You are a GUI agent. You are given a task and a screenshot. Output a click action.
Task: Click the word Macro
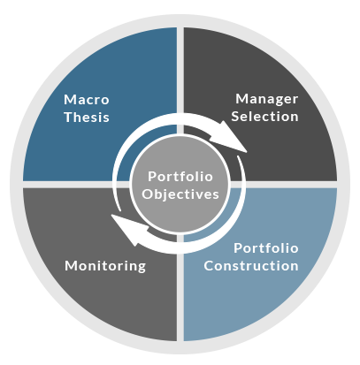pos(87,100)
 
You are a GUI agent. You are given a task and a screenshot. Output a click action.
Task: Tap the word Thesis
pos(87,117)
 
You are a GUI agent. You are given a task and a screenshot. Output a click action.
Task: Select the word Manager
pos(266,99)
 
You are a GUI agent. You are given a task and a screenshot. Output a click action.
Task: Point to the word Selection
pos(264,117)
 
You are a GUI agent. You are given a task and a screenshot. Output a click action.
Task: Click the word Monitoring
pos(105,266)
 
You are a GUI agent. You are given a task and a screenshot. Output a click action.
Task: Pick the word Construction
pos(251,266)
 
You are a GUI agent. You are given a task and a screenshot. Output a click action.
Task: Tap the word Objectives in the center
pos(180,194)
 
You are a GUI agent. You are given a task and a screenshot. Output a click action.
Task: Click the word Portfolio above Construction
pos(266,248)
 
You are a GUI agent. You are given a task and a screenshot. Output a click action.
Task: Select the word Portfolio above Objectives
pos(180,177)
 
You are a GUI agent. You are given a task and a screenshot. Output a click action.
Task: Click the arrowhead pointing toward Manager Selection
pos(232,139)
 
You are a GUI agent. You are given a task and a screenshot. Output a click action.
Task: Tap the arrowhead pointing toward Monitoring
pos(128,229)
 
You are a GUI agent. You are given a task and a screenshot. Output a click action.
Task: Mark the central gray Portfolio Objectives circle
pos(180,185)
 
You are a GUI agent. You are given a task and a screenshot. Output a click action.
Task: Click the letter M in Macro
pos(70,100)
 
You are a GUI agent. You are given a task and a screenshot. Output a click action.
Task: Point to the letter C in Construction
pos(209,266)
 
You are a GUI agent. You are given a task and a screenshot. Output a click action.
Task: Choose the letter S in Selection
pos(235,117)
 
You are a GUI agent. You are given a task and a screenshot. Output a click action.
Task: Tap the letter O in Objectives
pos(147,194)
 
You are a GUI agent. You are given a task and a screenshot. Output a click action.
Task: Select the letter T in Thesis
pos(69,117)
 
